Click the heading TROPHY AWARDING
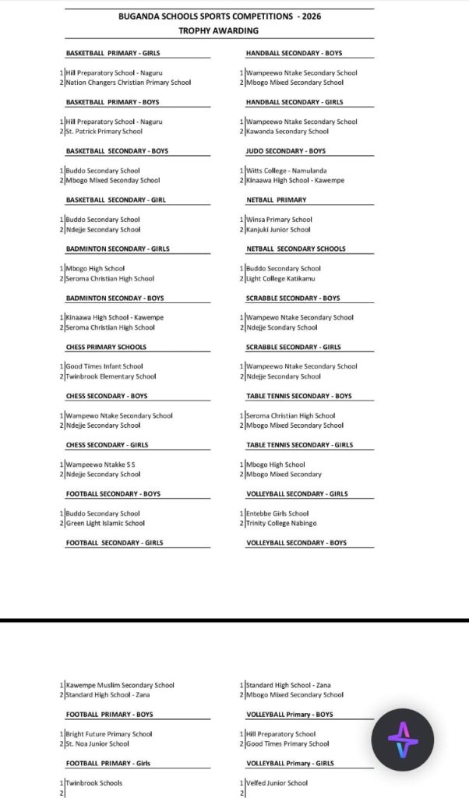[218, 30]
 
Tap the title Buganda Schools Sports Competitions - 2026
[219, 16]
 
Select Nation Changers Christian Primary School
[129, 83]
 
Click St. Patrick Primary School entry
[104, 132]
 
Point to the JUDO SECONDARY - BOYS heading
[286, 151]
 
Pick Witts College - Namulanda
[286, 171]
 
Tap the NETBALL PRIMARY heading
[277, 200]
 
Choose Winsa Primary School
[279, 220]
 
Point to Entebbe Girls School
[277, 514]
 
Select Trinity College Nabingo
[283, 523]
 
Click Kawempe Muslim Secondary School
[120, 685]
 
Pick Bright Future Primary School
[109, 734]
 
